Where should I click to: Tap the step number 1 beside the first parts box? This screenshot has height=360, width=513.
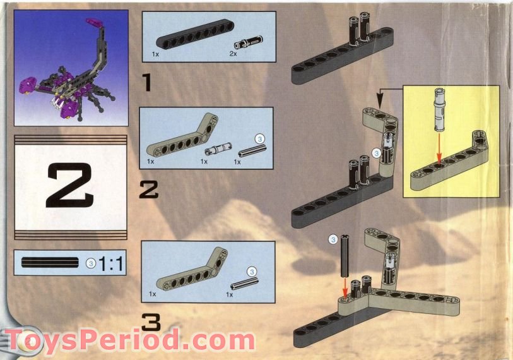tap(147, 83)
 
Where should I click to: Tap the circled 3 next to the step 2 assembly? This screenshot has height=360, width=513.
tap(377, 152)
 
